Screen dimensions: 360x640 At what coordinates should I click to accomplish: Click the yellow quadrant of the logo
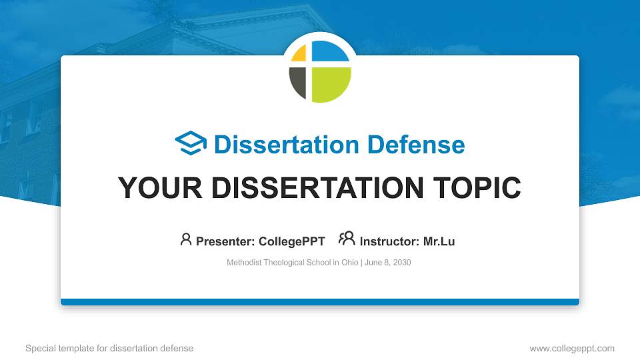[x=299, y=54]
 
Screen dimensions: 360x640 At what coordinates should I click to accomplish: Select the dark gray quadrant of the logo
[x=297, y=83]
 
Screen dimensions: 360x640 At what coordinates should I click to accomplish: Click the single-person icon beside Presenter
[x=186, y=239]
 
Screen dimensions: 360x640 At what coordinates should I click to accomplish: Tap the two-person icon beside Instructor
[x=347, y=239]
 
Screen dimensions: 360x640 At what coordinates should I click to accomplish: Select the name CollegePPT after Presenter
[x=291, y=241]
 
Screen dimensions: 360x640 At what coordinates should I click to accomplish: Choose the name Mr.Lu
[x=439, y=241]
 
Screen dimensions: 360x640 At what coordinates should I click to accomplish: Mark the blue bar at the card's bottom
[x=320, y=302]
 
